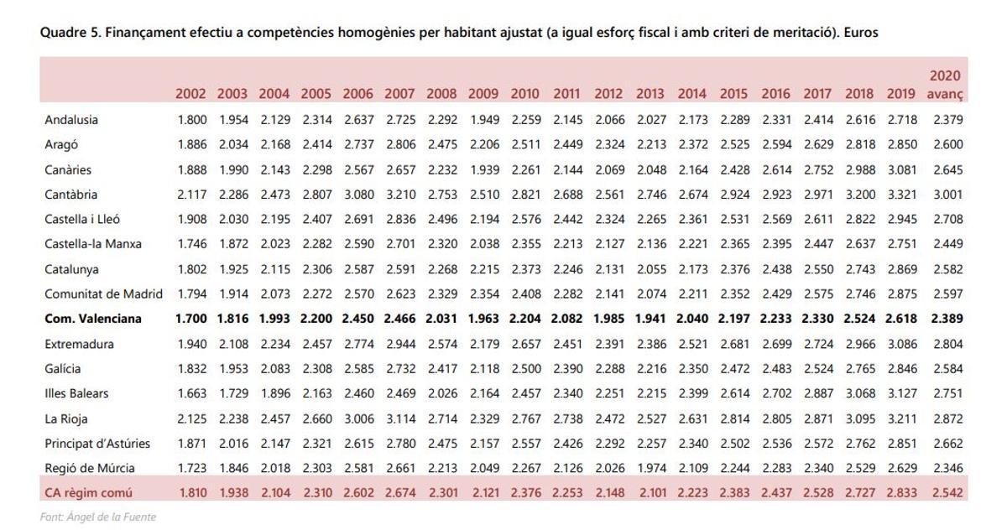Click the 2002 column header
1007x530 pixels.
190,94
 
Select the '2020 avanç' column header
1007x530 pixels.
945,85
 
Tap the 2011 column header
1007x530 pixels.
566,94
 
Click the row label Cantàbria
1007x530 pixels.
70,195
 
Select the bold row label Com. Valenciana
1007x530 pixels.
93,319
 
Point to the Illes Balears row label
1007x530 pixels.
76,393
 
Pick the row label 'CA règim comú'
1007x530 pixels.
88,493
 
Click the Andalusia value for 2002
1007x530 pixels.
192,120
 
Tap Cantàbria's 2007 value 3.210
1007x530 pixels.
400,195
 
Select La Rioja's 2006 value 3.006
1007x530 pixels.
358,418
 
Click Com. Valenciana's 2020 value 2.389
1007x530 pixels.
947,319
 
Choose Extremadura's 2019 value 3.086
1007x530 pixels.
901,344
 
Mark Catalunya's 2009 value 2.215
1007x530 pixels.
483,269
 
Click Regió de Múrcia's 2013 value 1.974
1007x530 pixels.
650,468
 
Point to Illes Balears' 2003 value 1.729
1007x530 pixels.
233,393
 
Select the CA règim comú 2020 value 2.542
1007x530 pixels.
947,493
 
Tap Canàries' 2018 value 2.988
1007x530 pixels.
859,170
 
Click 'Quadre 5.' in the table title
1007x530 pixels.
68,33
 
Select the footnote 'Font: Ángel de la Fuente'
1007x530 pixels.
98,517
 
